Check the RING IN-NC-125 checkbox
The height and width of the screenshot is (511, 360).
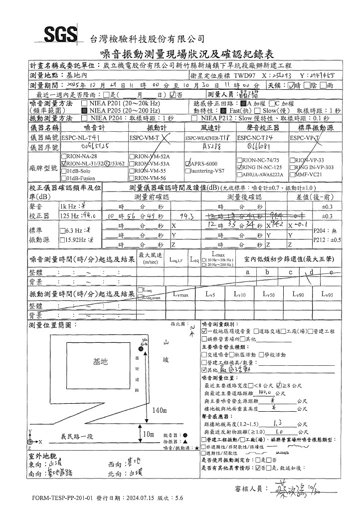[x=239, y=168]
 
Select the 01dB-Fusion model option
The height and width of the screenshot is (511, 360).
[x=63, y=178]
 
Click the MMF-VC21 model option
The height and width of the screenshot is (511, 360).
[x=294, y=175]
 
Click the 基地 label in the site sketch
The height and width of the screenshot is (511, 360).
[x=100, y=362]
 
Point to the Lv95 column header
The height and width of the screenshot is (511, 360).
[x=327, y=295]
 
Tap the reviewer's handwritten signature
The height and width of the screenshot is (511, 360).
[x=282, y=474]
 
